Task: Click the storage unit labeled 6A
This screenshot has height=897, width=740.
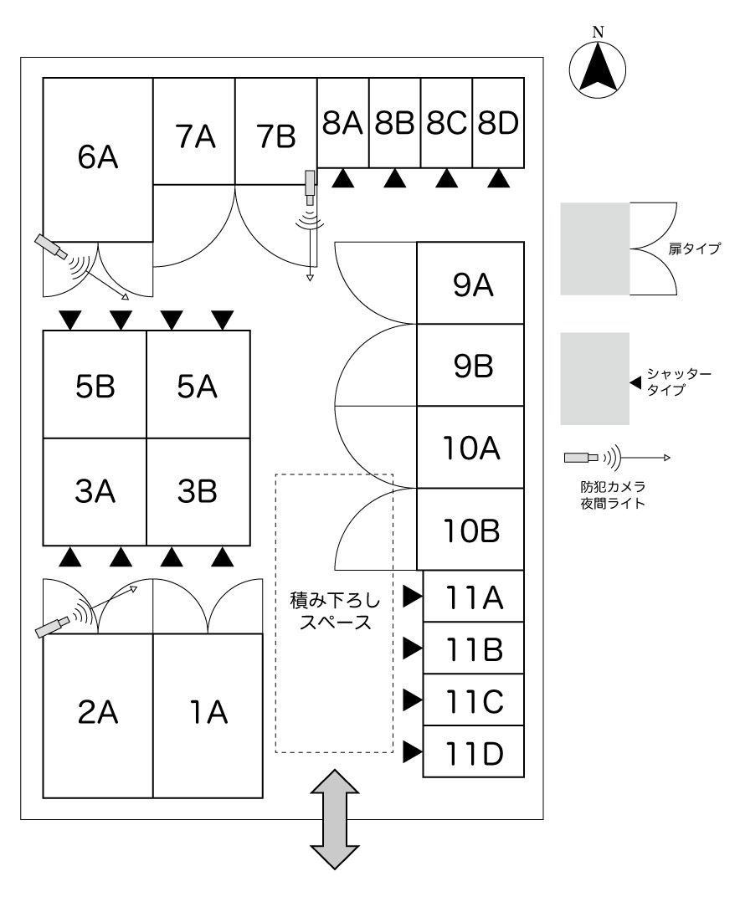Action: pos(98,159)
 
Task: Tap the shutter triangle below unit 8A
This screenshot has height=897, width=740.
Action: pos(343,178)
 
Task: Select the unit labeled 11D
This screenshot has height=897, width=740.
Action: pos(474,753)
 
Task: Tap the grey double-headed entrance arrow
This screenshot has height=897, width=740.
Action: pos(335,821)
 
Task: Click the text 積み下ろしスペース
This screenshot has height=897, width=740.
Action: pos(334,611)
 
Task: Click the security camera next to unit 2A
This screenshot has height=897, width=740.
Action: pos(54,627)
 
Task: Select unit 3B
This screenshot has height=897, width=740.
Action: pos(198,491)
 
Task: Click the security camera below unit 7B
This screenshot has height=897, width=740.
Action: pos(311,187)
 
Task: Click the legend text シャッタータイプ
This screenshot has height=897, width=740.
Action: pos(679,382)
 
